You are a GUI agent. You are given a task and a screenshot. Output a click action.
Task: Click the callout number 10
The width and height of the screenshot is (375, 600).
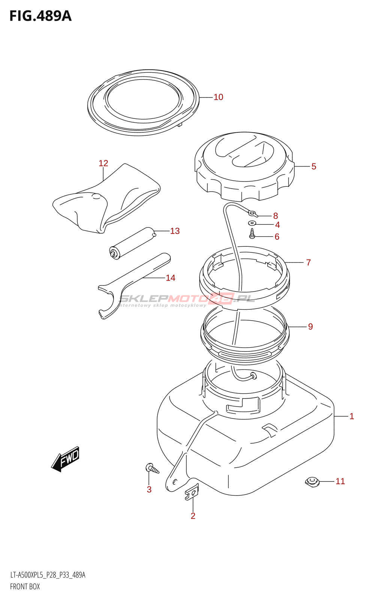(x=218, y=97)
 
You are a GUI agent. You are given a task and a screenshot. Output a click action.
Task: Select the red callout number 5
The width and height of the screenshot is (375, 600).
(x=314, y=166)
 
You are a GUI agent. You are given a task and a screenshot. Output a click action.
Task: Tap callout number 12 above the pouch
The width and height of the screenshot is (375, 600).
(x=103, y=163)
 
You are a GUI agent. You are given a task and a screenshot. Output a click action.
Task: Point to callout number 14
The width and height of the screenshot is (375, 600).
(x=170, y=278)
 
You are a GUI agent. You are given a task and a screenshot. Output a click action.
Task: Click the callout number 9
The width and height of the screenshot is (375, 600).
(x=310, y=327)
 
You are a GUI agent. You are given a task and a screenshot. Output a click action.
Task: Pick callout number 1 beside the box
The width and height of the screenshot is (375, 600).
(x=352, y=416)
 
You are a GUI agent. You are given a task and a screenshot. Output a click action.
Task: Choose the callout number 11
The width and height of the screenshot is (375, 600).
(x=340, y=481)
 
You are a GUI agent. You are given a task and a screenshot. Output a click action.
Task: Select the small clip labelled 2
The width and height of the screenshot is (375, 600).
(x=192, y=492)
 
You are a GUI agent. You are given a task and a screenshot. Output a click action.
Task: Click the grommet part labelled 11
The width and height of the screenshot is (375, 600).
(x=312, y=481)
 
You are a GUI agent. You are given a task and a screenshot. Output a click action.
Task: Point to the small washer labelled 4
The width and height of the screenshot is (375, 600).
(x=252, y=223)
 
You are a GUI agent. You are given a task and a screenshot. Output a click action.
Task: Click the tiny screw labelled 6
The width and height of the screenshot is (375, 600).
(x=252, y=234)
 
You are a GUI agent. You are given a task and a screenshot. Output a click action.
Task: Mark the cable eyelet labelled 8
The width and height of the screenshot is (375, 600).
(x=253, y=214)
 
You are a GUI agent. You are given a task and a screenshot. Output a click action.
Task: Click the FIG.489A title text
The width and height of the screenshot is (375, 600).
(x=40, y=16)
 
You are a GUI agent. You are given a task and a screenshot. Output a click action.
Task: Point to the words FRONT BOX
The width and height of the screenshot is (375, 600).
(x=25, y=586)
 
